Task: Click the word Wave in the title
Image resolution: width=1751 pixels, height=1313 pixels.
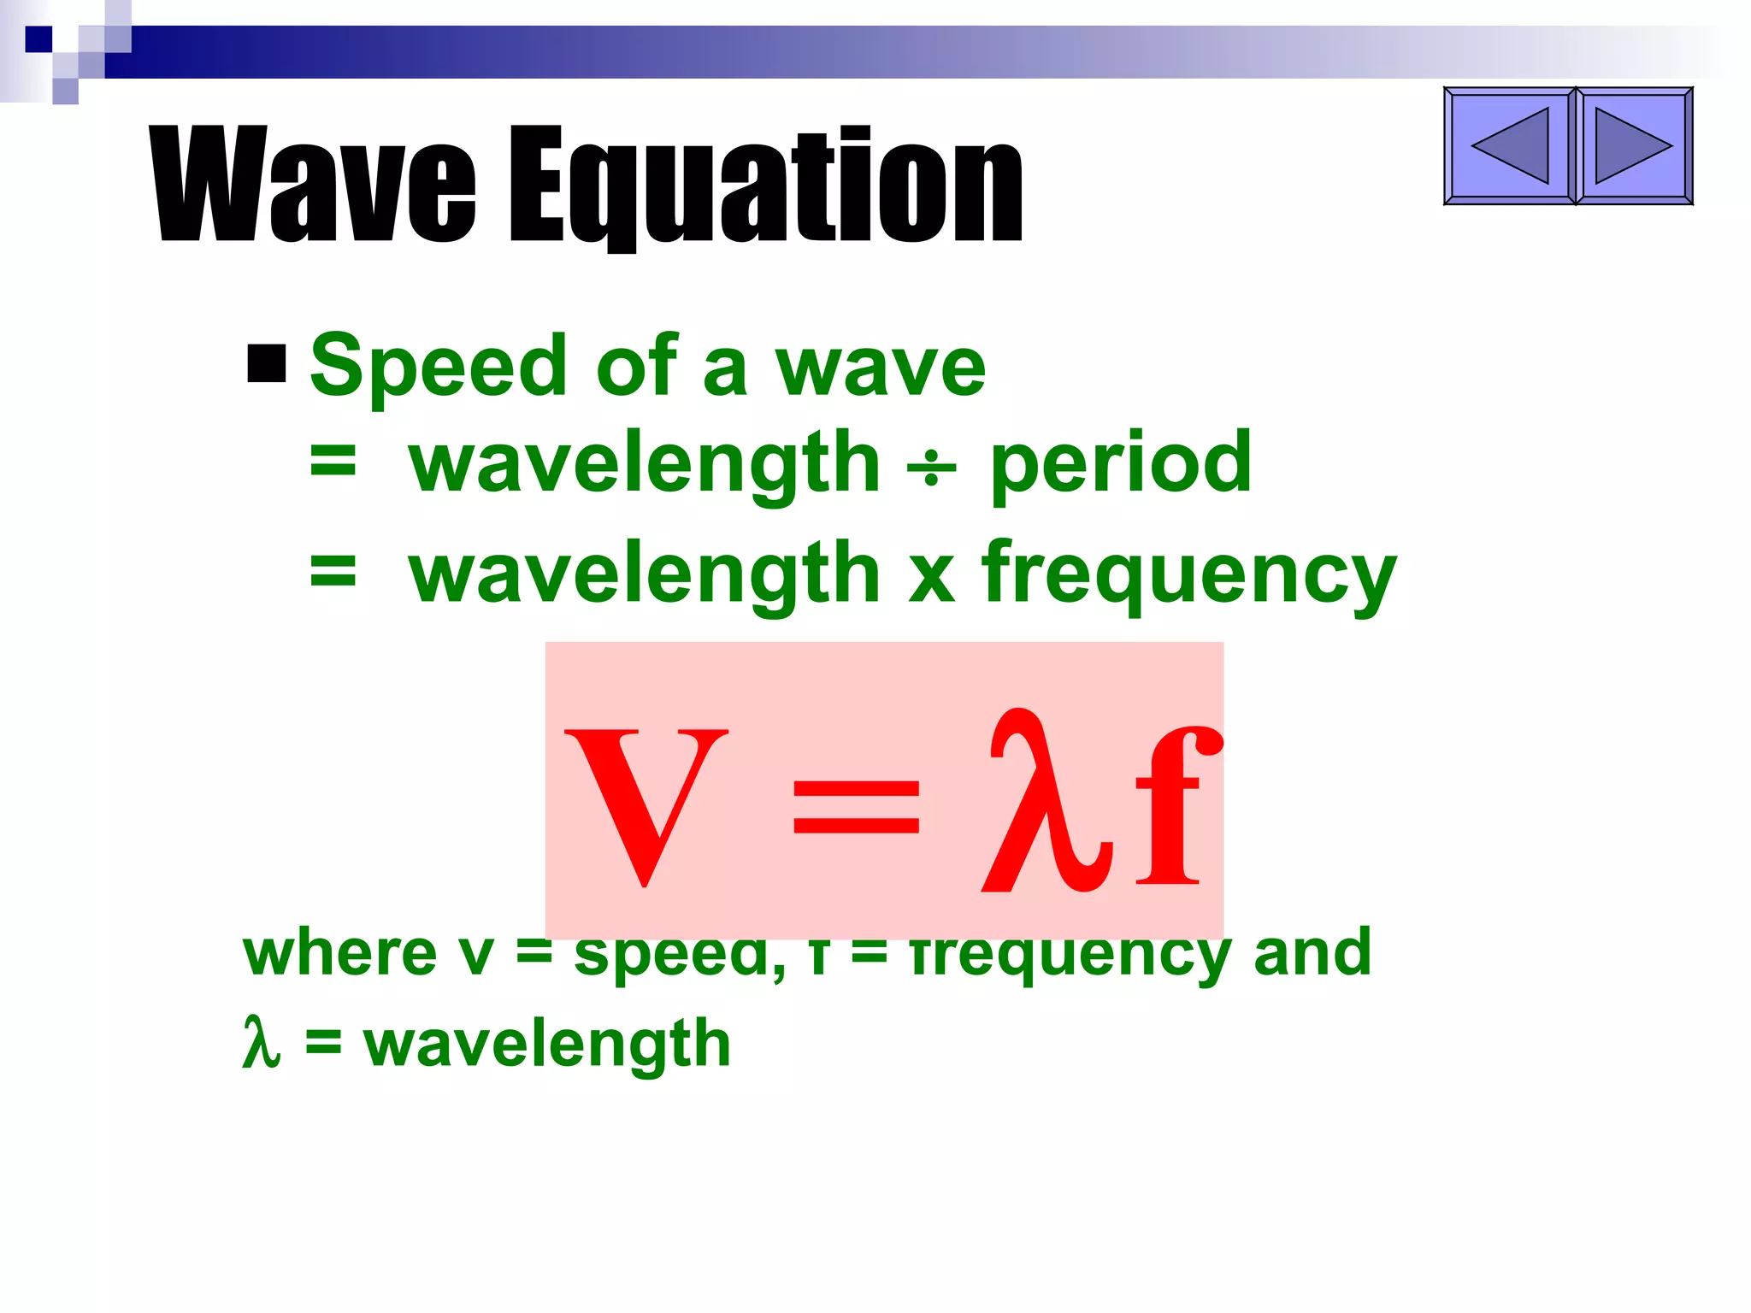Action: [313, 184]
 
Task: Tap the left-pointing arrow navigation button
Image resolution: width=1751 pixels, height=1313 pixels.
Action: [1509, 146]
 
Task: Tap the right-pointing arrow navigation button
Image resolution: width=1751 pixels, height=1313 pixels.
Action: [1634, 146]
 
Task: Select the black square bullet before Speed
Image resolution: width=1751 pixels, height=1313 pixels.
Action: [266, 363]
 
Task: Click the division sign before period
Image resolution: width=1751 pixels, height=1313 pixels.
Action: [932, 469]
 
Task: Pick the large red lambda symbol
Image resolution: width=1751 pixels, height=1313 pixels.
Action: [1046, 804]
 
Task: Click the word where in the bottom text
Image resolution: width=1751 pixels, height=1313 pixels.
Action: [339, 952]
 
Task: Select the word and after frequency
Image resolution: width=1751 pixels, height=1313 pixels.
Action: [1312, 952]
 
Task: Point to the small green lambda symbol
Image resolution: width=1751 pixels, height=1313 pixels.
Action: [261, 1042]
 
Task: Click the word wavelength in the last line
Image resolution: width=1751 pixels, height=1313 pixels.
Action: [547, 1045]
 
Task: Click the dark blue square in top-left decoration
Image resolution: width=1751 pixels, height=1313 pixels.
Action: [38, 39]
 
